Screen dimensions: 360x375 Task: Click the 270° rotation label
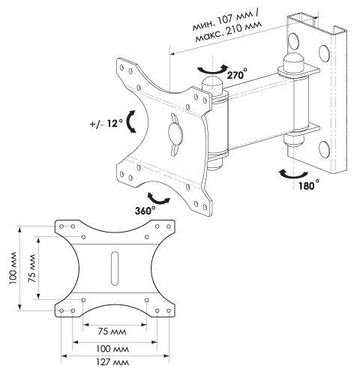click(x=237, y=75)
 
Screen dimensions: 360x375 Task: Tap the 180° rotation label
click(x=309, y=185)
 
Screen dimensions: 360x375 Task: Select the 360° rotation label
click(x=145, y=211)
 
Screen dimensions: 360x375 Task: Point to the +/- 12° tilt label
click(x=106, y=123)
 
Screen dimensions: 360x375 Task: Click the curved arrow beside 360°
click(x=158, y=199)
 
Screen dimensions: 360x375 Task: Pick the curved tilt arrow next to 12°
click(x=130, y=121)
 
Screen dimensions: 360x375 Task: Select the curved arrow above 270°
click(x=212, y=70)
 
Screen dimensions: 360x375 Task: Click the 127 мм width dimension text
click(x=112, y=362)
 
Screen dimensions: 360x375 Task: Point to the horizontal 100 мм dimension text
click(x=112, y=349)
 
